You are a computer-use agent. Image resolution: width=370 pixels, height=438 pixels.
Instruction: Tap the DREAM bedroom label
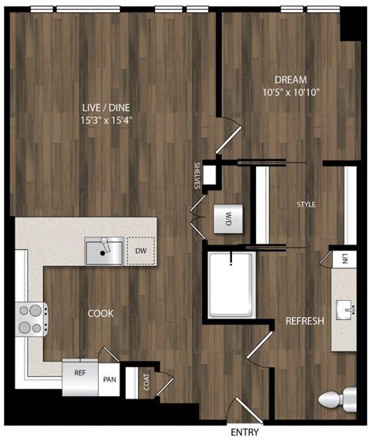click(290, 79)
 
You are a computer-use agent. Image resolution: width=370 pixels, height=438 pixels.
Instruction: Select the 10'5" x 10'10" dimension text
click(290, 93)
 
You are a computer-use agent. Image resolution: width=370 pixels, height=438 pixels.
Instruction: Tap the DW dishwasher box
click(140, 251)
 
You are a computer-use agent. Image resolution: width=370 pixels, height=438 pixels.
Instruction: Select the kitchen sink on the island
click(104, 251)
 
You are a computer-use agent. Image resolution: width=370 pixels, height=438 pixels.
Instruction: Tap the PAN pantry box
click(109, 378)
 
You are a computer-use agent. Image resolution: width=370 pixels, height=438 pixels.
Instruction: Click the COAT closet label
click(146, 381)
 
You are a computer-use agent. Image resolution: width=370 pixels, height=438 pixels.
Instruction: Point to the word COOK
click(100, 314)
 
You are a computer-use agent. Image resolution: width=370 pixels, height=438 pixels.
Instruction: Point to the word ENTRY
click(244, 430)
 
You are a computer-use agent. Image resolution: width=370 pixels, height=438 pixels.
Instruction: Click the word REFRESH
click(304, 321)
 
